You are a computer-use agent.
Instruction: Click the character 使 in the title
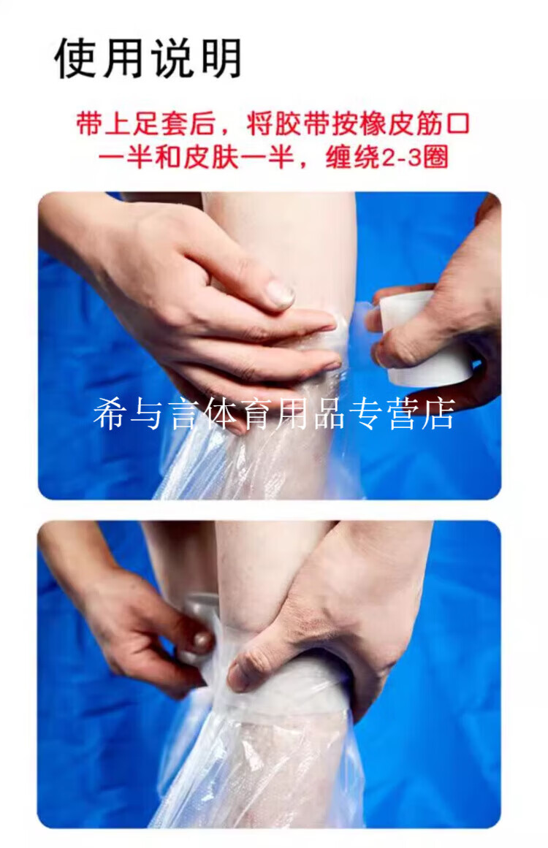tap(77, 58)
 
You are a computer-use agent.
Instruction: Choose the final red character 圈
tap(435, 157)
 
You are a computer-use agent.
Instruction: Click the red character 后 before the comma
tap(202, 124)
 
